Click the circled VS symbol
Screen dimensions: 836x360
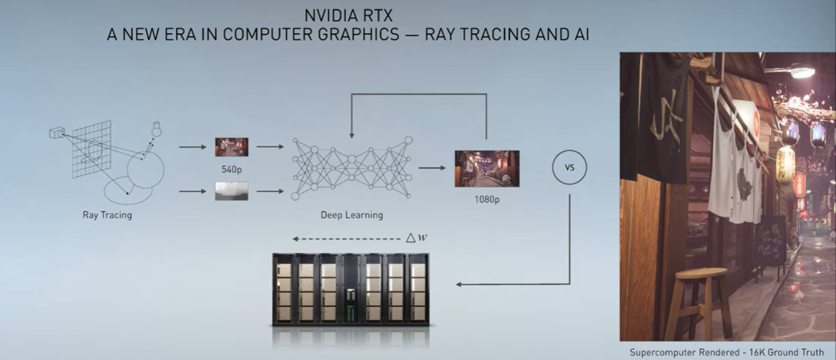tap(570, 167)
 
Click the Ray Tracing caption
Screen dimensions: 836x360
tap(107, 215)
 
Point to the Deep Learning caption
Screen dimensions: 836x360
tap(352, 215)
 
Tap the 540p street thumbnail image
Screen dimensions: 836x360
tap(231, 147)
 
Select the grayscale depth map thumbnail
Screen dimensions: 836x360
tap(231, 191)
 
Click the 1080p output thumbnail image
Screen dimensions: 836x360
tap(487, 169)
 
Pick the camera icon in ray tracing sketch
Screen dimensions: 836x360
tap(57, 133)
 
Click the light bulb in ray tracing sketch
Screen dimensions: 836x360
tap(156, 129)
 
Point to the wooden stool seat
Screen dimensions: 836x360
tap(701, 273)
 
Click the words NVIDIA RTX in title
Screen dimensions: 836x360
tap(348, 15)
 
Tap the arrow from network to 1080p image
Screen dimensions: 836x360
tap(432, 168)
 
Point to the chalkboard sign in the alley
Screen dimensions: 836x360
tap(770, 241)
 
